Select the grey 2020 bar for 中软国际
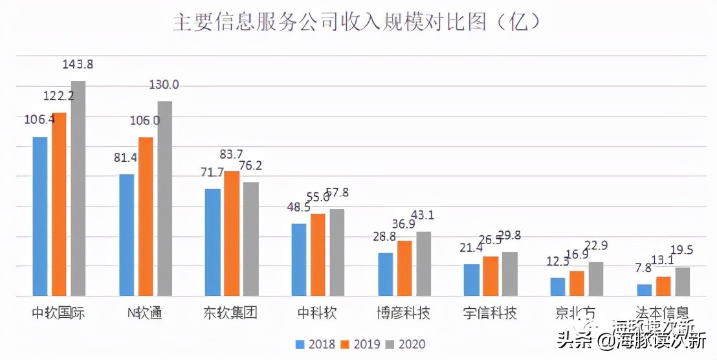tap(78, 188)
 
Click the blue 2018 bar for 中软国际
tap(40, 216)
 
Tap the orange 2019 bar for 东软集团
tap(232, 234)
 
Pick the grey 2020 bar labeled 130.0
tap(164, 198)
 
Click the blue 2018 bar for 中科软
tap(299, 260)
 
